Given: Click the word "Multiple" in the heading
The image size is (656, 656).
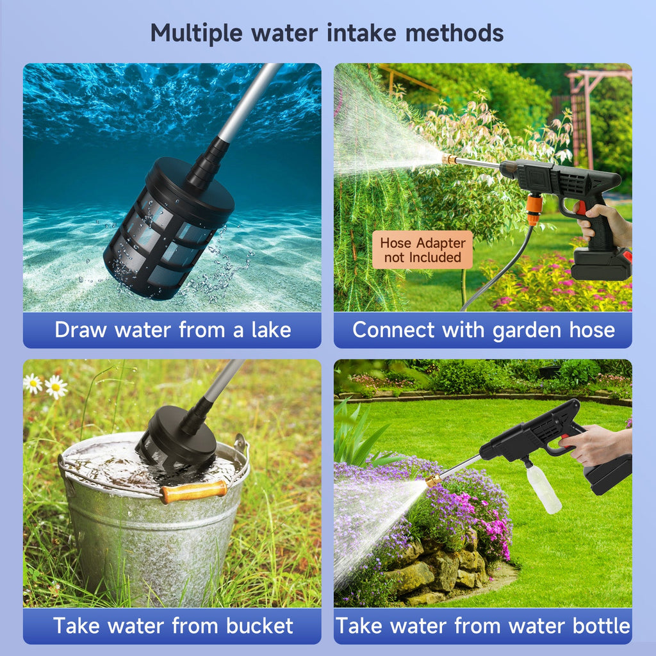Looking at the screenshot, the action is [196, 33].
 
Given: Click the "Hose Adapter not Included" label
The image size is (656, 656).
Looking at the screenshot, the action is [423, 250].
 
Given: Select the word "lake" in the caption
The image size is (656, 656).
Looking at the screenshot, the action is [271, 330].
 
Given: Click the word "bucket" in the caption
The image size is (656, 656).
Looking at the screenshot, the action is [259, 625].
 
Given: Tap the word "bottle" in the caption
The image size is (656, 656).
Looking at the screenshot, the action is [601, 625].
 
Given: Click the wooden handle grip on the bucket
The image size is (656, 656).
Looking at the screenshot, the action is [193, 491].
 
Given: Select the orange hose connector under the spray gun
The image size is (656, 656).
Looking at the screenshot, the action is [534, 209].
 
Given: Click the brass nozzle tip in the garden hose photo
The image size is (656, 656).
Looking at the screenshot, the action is [449, 159].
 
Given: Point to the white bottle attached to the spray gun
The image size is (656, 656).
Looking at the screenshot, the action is [543, 488].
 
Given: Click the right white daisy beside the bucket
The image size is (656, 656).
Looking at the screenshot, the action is [56, 386].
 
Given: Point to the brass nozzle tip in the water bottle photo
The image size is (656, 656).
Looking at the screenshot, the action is [434, 480].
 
